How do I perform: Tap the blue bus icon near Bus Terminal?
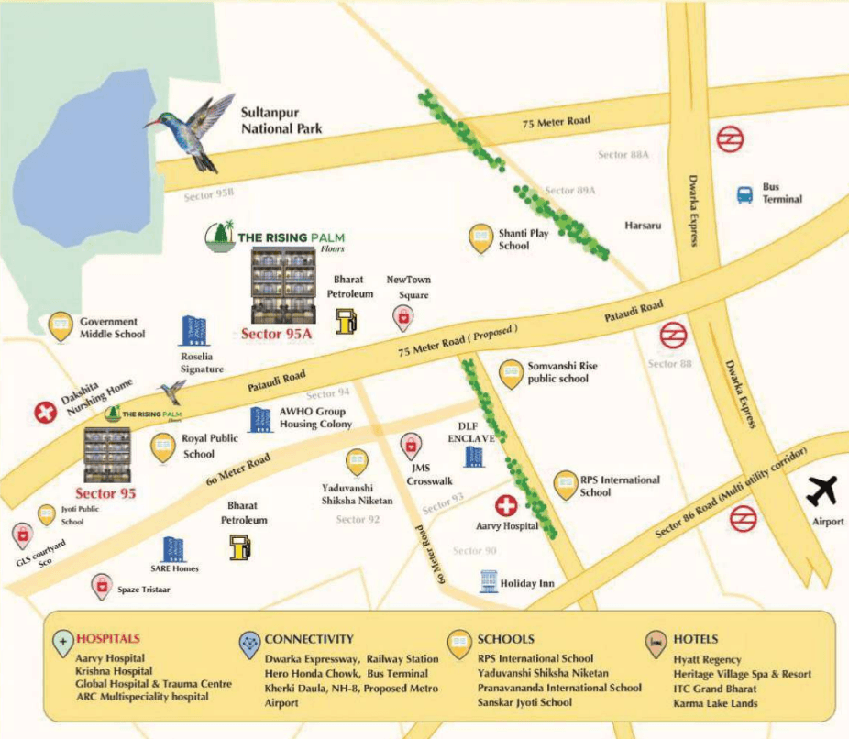tap(745, 194)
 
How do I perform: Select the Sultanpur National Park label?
tap(281, 121)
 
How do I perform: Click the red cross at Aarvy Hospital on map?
tap(506, 504)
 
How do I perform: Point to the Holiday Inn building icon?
tap(490, 581)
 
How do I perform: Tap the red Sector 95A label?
tap(277, 335)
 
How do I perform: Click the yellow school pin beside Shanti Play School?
tap(480, 238)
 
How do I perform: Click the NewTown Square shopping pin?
tap(402, 317)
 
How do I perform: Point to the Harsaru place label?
tap(643, 225)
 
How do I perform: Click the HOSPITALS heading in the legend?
tap(108, 638)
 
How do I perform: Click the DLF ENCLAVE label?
tap(470, 433)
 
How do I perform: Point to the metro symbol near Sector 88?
tap(674, 335)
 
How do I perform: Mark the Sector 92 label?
tap(358, 520)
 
